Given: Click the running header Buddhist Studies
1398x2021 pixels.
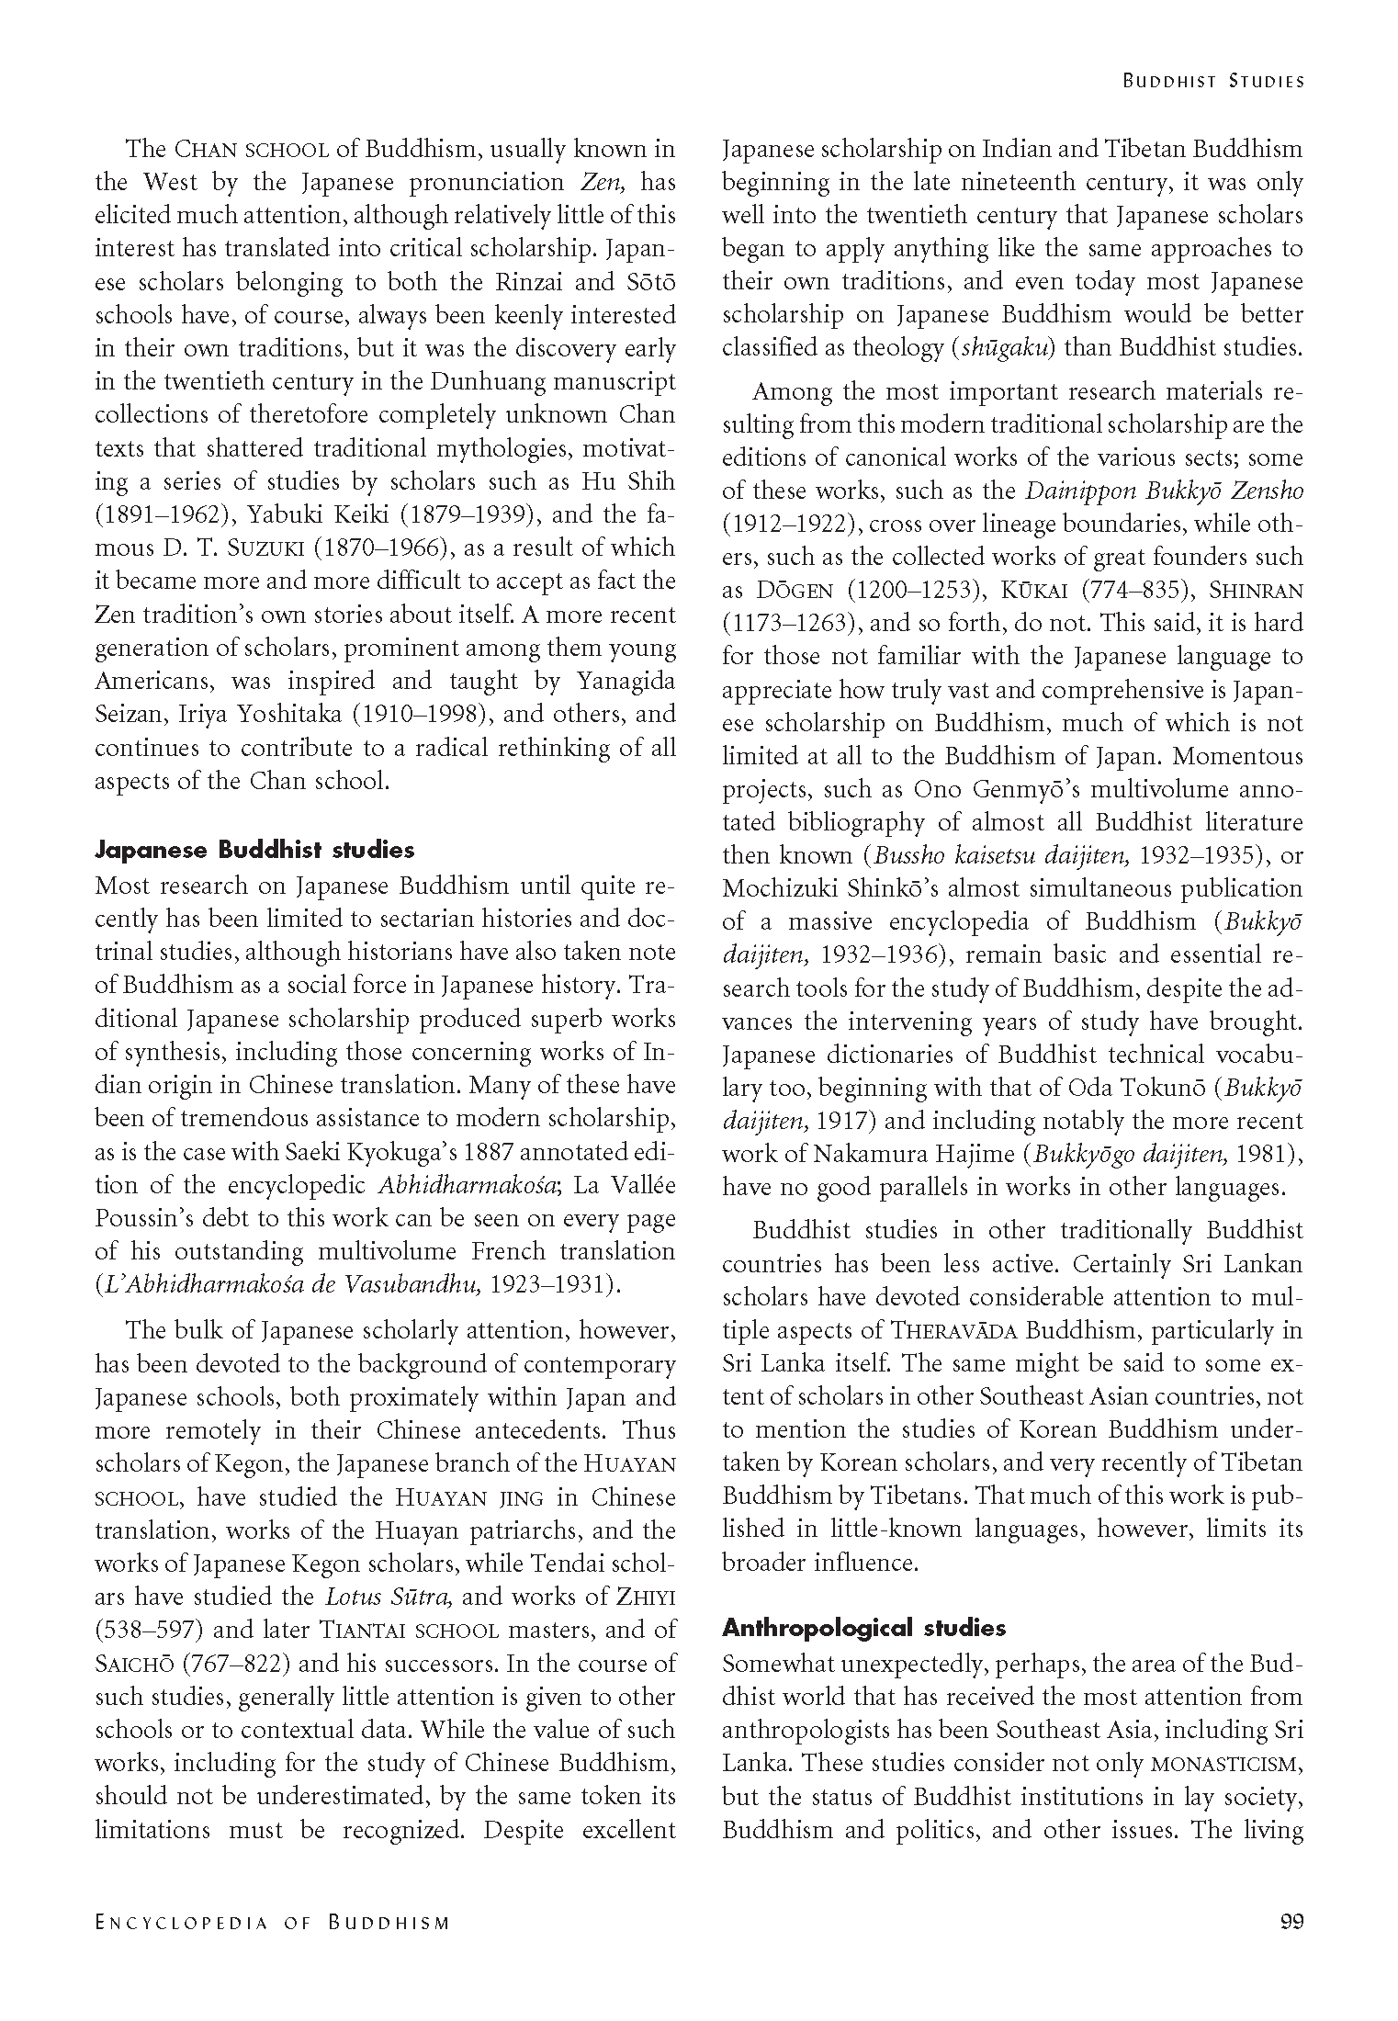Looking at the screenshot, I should (x=1213, y=81).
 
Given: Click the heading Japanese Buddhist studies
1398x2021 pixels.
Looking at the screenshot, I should (x=254, y=850).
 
